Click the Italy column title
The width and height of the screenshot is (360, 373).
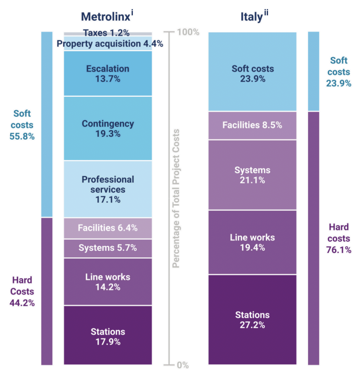coord(252,16)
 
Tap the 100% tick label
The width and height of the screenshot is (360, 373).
coord(188,32)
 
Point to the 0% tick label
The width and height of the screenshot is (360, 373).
coord(182,365)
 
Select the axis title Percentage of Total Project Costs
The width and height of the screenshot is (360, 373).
coord(176,198)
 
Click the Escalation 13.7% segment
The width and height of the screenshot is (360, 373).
coord(108,74)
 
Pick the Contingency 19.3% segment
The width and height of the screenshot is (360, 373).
coord(108,129)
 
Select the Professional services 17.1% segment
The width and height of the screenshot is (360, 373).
coord(108,189)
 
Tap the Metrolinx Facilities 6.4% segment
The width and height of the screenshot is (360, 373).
coord(108,228)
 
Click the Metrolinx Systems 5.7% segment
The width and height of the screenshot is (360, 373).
coord(108,248)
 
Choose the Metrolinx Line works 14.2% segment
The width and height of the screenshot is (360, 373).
coord(108,282)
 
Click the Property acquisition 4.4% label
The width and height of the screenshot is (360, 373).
coord(110,44)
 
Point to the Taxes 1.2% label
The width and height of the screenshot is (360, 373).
coord(106,33)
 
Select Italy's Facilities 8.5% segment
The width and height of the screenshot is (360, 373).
coord(252,125)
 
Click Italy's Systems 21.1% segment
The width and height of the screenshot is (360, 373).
coord(252,175)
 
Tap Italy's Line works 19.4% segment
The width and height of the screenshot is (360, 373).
coord(252,242)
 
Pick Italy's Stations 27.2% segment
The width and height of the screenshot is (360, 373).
coord(252,320)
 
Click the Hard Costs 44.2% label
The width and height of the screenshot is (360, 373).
coord(22,292)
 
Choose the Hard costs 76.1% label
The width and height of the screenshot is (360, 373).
coord(339,238)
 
